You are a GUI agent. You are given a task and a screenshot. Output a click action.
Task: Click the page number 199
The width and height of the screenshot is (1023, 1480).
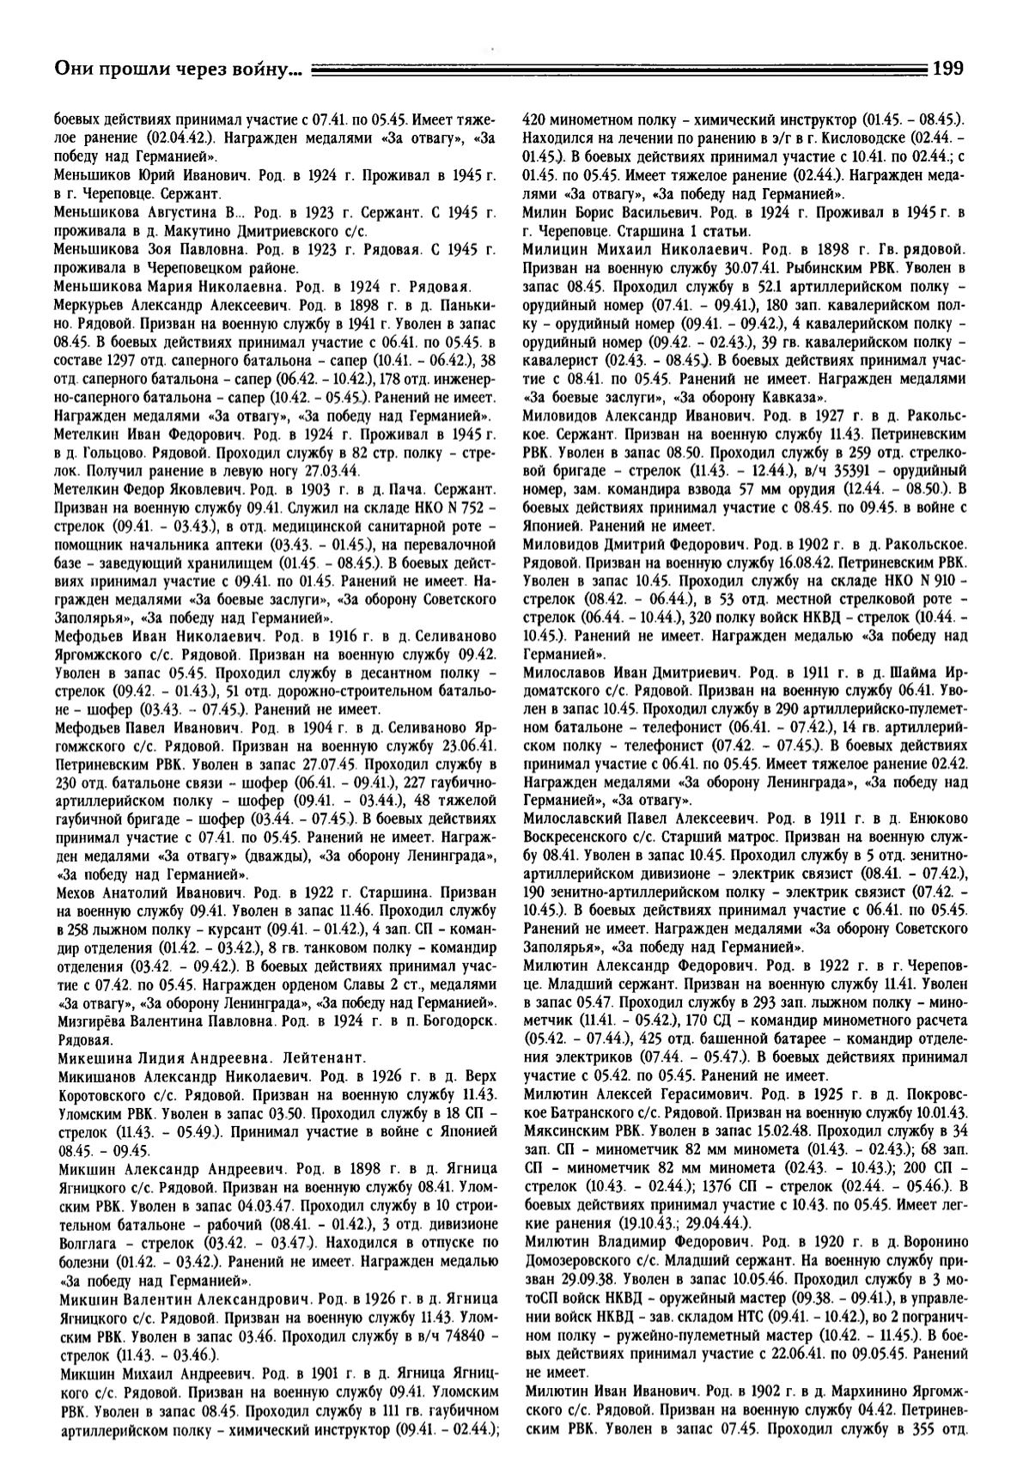pyautogui.click(x=947, y=68)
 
